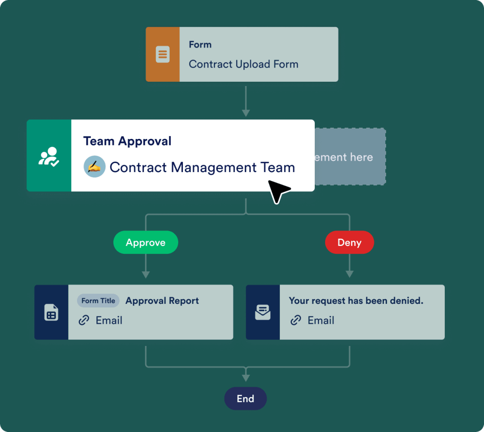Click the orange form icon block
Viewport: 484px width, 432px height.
click(163, 54)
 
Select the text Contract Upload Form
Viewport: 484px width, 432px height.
click(243, 64)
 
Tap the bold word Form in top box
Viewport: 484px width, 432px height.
click(200, 44)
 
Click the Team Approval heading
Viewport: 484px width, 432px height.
click(127, 141)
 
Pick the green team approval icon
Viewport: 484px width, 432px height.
click(49, 156)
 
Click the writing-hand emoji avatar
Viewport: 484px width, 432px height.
click(94, 167)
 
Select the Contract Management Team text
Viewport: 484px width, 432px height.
click(202, 167)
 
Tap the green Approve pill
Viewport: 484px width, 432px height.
click(146, 242)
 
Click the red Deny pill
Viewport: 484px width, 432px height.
click(349, 242)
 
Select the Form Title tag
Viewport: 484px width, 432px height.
click(98, 301)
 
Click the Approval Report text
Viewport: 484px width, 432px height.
click(162, 301)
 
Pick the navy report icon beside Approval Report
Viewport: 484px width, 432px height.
click(51, 312)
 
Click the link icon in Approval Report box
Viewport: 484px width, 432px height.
click(84, 320)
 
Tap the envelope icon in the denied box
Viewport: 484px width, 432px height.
click(263, 312)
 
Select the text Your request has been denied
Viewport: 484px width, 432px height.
click(356, 301)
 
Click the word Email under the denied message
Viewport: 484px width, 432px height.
click(321, 320)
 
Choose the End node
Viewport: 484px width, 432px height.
click(245, 398)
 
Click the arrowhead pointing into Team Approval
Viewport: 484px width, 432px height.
click(245, 113)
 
